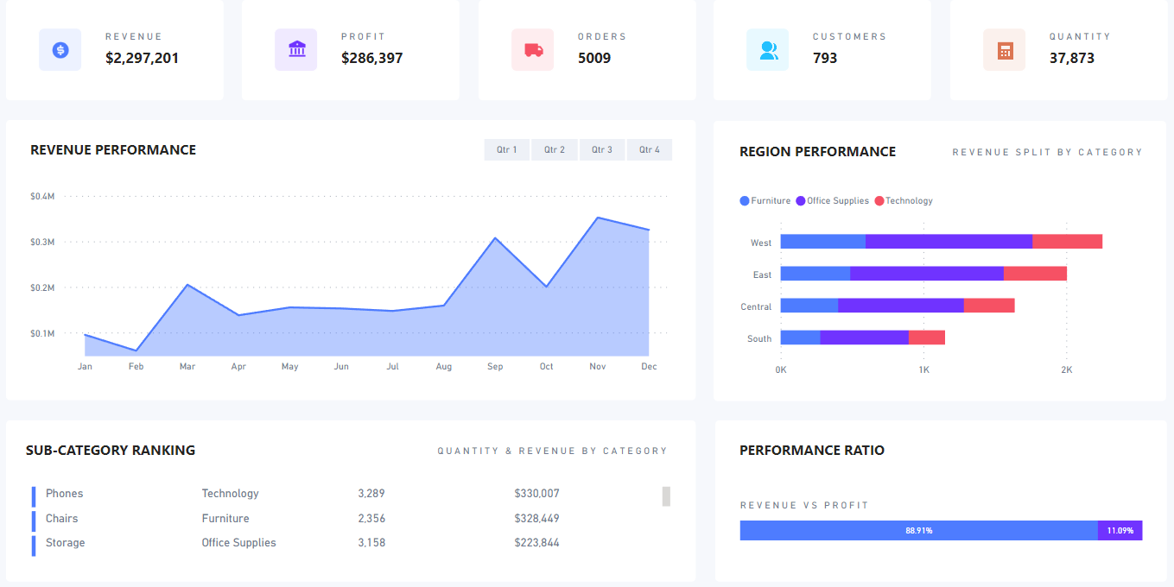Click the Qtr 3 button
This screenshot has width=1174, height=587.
602,150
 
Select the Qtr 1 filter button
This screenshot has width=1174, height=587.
506,150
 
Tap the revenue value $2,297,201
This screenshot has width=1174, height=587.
142,59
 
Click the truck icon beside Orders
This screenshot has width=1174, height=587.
533,50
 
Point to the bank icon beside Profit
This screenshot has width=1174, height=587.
296,49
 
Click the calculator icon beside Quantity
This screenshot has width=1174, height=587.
1005,50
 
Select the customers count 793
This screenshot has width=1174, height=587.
825,59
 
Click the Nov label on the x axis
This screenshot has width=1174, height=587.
598,367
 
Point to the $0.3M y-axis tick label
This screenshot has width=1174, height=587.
42,243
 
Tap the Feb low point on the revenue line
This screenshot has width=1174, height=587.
136,350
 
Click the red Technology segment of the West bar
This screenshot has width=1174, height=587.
1067,242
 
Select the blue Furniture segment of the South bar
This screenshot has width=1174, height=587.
800,338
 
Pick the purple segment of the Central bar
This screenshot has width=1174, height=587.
900,306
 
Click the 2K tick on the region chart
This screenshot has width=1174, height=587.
1066,370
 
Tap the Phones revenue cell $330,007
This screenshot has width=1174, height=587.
536,494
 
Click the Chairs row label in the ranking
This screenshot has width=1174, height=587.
62,519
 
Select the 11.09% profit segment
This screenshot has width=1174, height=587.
1120,530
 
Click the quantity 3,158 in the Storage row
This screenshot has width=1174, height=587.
371,543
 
